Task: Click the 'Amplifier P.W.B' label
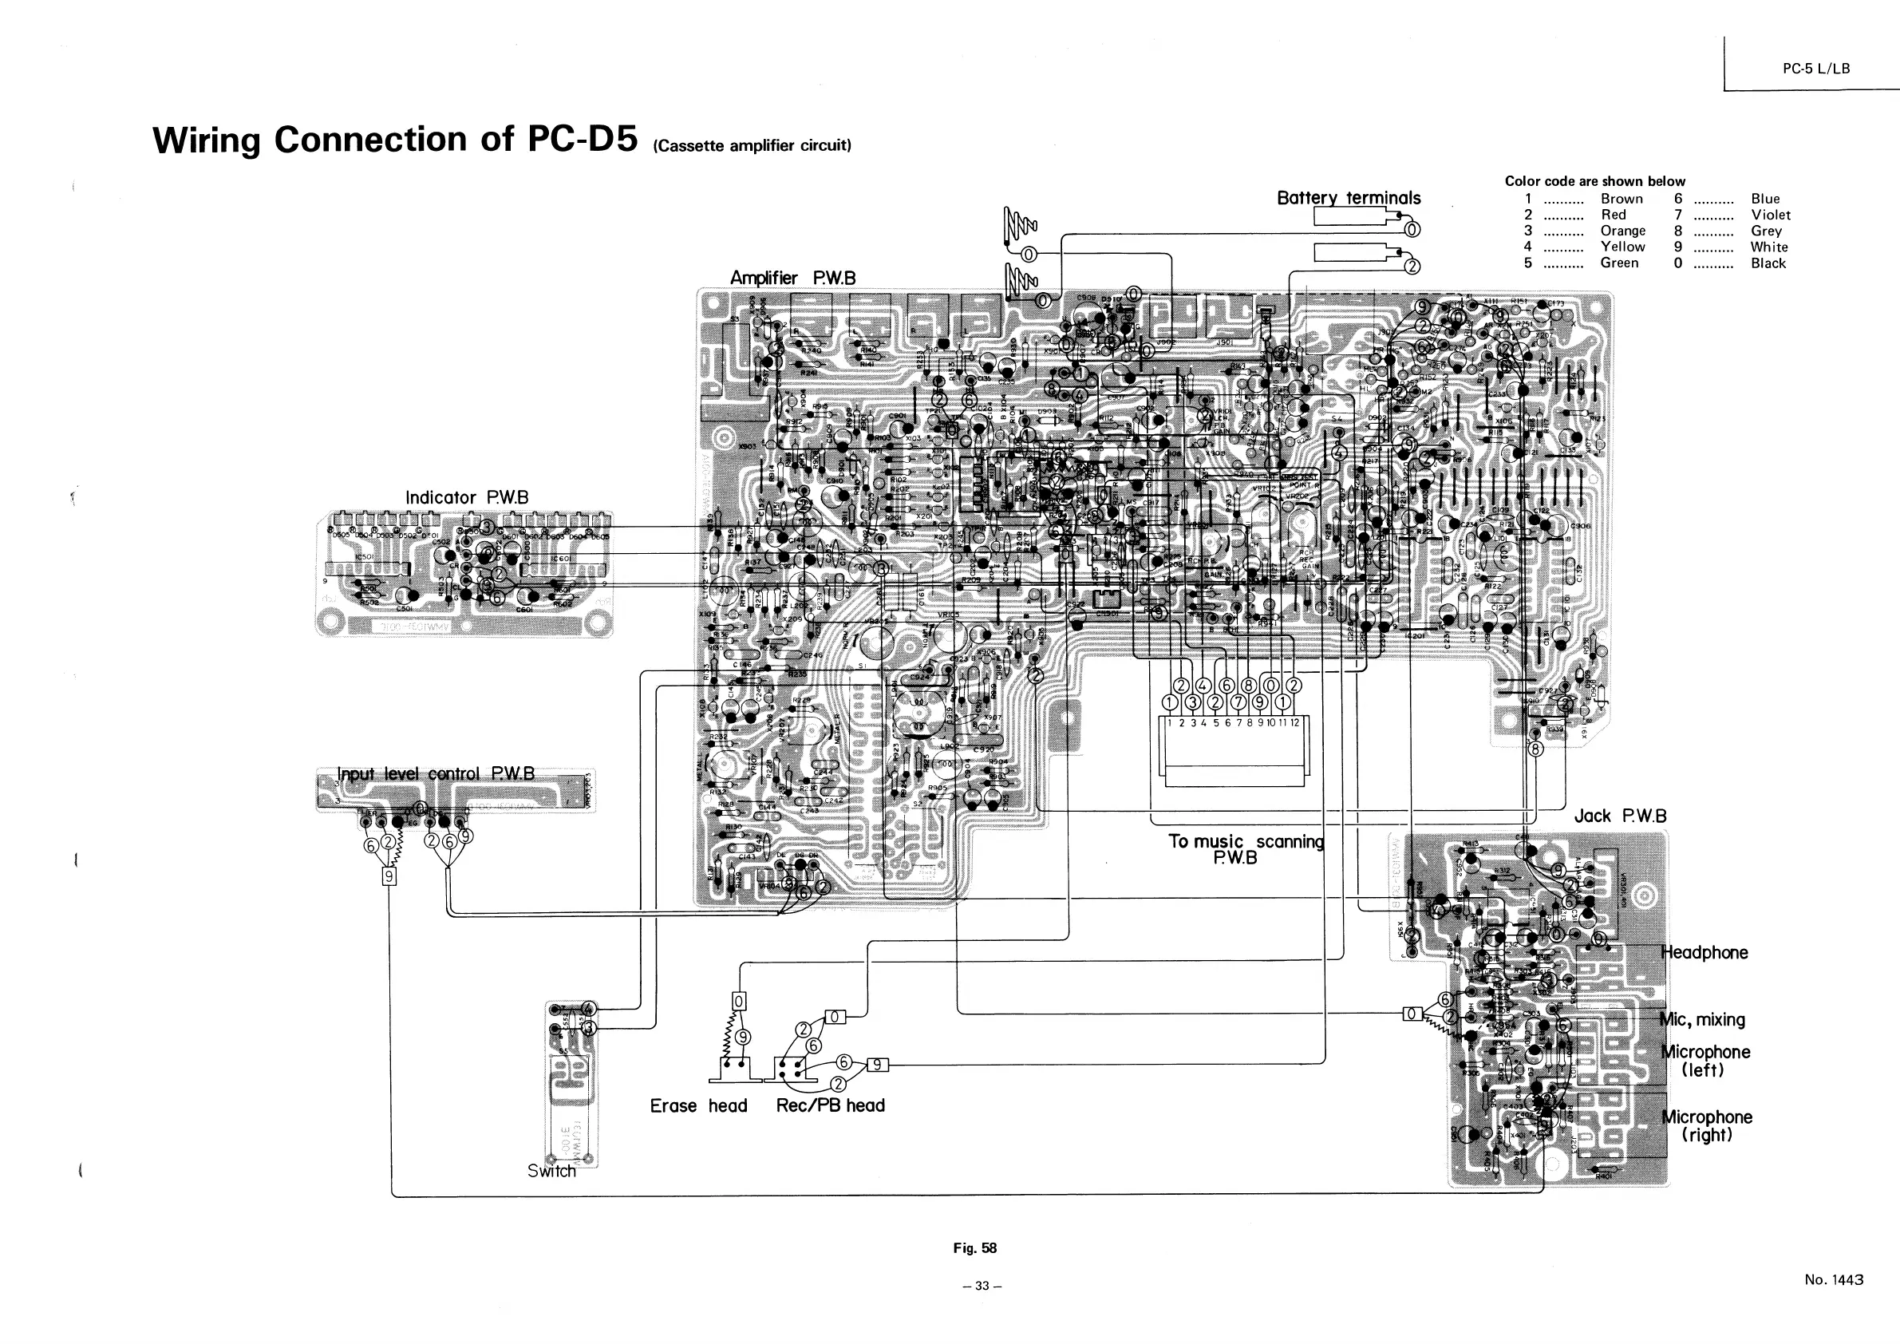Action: pos(792,278)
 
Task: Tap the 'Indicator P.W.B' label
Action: pos(466,497)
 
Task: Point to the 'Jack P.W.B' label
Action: pos(1619,816)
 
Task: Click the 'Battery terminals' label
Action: pos(1348,198)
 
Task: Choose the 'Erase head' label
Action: pos(697,1105)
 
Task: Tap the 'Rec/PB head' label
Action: pos(830,1105)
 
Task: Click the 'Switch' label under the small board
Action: pos(551,1171)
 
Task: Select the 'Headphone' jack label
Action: pos(1704,953)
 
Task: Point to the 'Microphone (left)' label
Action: pos(1705,1060)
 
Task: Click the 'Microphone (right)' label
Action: pos(1707,1125)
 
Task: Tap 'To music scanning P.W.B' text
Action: pos(1246,849)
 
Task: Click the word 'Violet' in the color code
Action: pos(1770,215)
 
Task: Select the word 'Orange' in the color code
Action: pos(1623,231)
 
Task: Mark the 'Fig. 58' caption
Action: pos(975,1248)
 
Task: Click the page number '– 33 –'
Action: pos(982,1285)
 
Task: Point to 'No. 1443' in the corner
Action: pos(1834,1279)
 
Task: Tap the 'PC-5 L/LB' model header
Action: pos(1815,69)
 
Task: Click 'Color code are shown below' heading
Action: pos(1594,181)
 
